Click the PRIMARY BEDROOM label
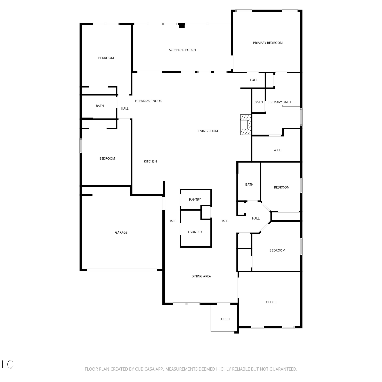[x=268, y=43]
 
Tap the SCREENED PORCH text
[x=182, y=50]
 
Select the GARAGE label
[x=121, y=232]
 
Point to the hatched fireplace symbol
[x=246, y=125]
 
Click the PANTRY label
[x=195, y=200]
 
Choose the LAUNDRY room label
[x=195, y=232]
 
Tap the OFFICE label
[x=271, y=302]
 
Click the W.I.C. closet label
[x=278, y=150]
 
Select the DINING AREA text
[x=201, y=276]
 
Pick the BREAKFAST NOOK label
[x=148, y=101]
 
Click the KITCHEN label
[x=150, y=161]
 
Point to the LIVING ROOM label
[x=208, y=131]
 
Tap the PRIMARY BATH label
[x=280, y=102]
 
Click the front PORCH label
[x=224, y=319]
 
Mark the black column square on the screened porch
[x=182, y=25]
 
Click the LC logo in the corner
[x=8, y=364]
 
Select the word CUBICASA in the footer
[x=145, y=369]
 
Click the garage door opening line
[x=122, y=270]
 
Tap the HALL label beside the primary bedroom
[x=254, y=80]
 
